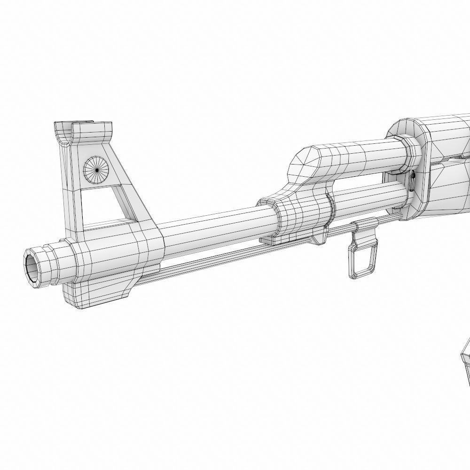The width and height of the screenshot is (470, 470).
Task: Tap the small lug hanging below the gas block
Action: tap(320, 237)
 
